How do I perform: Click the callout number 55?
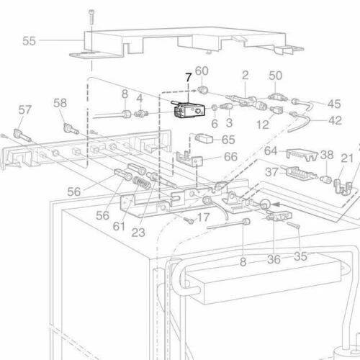pos(28,41)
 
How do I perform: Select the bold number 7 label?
pos(189,78)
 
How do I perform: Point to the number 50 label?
pos(276,75)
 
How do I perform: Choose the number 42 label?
pos(335,120)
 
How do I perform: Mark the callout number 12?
pos(263,125)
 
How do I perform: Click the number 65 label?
pos(228,140)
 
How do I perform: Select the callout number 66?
pos(230,156)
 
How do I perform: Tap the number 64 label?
pos(271,151)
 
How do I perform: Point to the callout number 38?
pos(326,155)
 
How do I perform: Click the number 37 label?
pos(272,172)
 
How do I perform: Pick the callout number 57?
pos(25,110)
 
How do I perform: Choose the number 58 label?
pos(60,103)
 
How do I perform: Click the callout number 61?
pos(119,227)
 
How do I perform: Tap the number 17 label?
pos(203,217)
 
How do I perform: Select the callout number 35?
pos(300,255)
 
